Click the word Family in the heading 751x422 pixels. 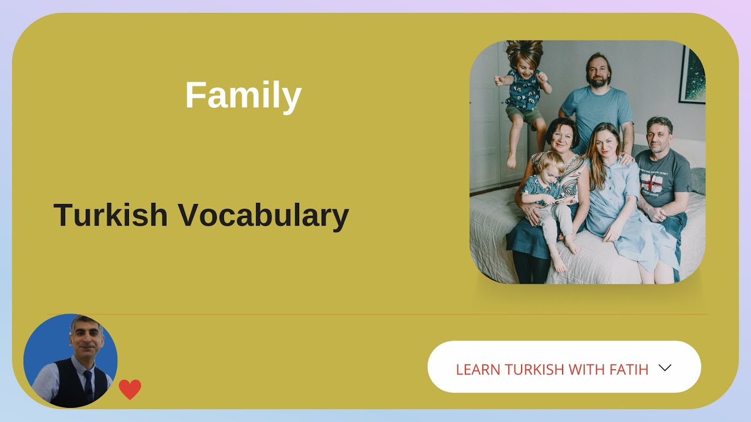click(x=243, y=96)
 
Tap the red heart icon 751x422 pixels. click(x=130, y=389)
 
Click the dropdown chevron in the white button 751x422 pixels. click(x=664, y=367)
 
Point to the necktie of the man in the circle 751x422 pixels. click(x=87, y=384)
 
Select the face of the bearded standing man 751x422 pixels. click(x=597, y=72)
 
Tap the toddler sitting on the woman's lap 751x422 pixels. click(x=549, y=193)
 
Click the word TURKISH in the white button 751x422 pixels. click(x=534, y=369)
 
